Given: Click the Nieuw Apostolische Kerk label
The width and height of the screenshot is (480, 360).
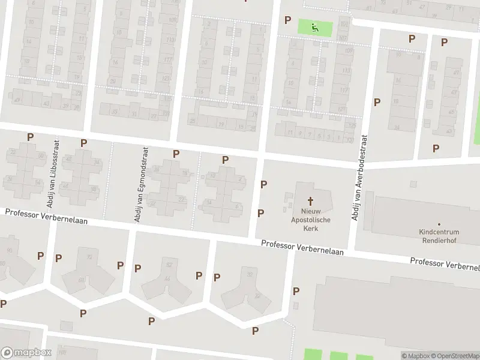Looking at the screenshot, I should (x=311, y=220).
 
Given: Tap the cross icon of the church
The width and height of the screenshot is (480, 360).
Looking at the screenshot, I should (x=311, y=201).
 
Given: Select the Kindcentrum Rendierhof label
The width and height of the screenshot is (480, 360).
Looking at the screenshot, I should (x=439, y=236).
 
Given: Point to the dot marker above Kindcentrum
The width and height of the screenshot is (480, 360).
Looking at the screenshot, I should (x=439, y=223).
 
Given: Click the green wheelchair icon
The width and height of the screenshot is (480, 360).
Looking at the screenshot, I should (x=314, y=26).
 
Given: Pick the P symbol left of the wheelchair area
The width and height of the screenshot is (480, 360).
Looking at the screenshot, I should (x=287, y=20).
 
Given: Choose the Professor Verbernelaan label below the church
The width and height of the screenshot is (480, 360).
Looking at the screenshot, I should (x=302, y=248).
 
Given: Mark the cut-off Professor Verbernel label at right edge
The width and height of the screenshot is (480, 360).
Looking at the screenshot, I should (x=445, y=264).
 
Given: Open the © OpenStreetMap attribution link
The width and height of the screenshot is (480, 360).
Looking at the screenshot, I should (x=455, y=356).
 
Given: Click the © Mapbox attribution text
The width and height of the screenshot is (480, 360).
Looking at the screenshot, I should (x=415, y=356).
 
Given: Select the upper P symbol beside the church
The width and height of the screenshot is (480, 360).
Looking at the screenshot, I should (x=263, y=184).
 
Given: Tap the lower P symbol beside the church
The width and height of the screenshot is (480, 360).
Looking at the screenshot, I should (x=260, y=213).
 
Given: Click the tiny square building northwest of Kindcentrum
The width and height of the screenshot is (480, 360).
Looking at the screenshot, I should (x=412, y=184).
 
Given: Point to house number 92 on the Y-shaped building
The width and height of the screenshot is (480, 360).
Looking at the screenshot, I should (x=89, y=257).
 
